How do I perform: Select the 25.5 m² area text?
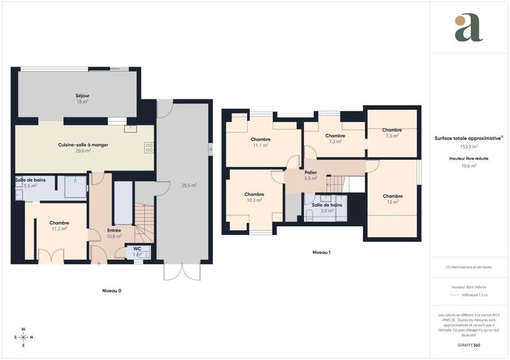pyautogui.click(x=188, y=185)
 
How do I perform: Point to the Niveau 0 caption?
pyautogui.click(x=112, y=291)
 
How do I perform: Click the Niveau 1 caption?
pyautogui.click(x=321, y=252)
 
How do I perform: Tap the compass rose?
pyautogui.click(x=24, y=337)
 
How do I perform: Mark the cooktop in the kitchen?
pyautogui.click(x=149, y=148)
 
